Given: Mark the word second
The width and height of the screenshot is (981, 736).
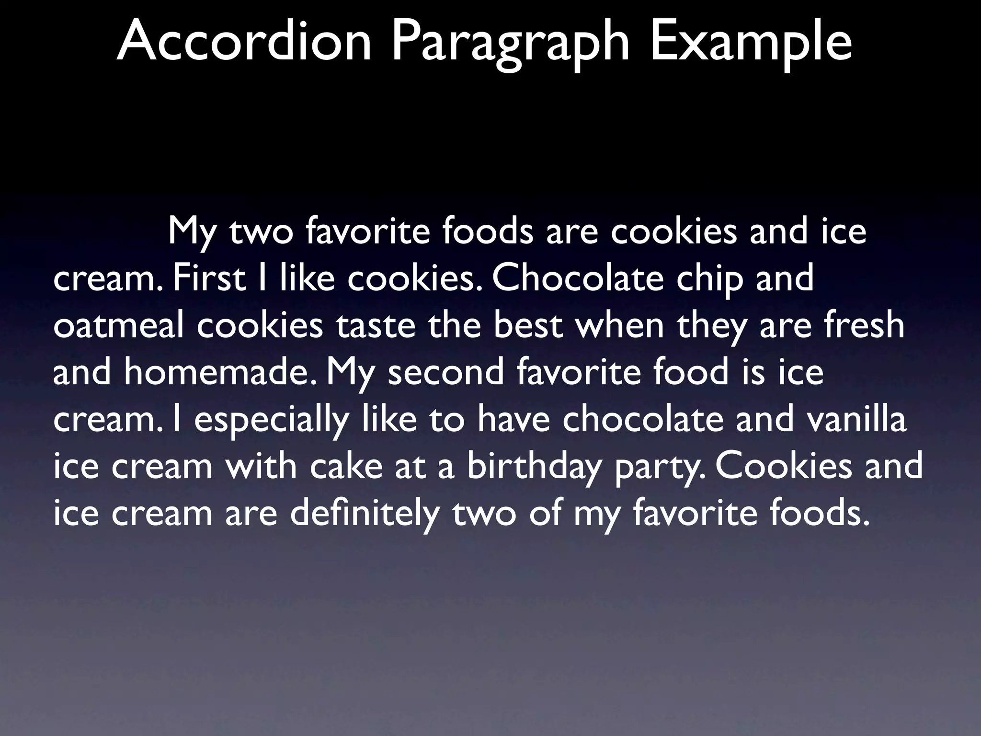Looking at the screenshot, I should coord(446,372).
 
